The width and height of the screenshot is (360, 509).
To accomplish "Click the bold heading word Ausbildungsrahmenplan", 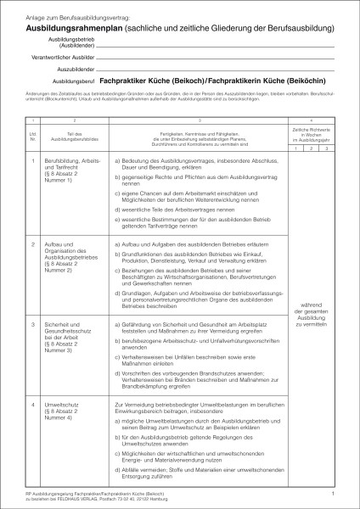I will point(70,27).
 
